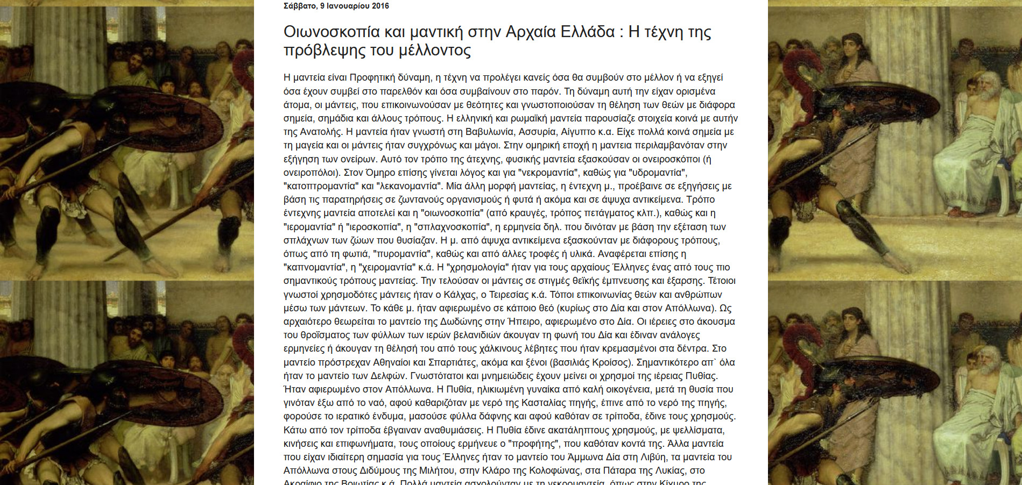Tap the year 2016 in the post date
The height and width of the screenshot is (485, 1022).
(x=379, y=6)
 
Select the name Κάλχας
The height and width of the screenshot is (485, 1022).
(x=460, y=295)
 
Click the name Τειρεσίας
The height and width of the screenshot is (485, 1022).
(x=509, y=295)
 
